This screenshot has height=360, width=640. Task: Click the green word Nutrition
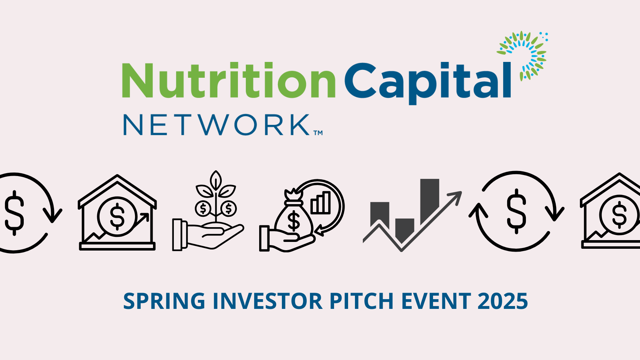click(229, 80)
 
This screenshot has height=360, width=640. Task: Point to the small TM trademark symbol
click(318, 133)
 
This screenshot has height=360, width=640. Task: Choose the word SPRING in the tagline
click(164, 302)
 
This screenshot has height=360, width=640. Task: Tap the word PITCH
click(361, 301)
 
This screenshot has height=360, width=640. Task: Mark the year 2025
click(502, 301)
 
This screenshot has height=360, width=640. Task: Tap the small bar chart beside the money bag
click(321, 203)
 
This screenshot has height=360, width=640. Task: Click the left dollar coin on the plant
click(203, 208)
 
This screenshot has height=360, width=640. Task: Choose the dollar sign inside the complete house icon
click(117, 216)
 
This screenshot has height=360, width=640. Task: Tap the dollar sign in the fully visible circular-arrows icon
click(516, 211)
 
